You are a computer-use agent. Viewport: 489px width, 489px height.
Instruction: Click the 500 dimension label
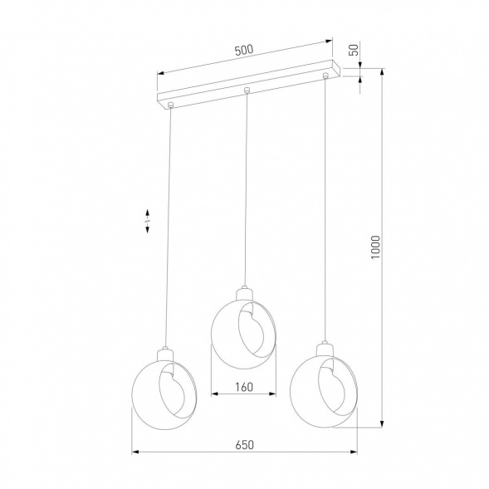[243, 50]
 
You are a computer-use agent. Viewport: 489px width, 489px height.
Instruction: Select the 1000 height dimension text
[374, 247]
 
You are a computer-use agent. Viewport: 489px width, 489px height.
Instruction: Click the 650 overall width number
[243, 444]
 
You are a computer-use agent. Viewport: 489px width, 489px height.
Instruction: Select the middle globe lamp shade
[245, 331]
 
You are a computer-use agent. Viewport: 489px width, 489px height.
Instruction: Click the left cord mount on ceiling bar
[170, 105]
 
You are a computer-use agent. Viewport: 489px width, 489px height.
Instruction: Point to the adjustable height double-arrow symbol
[148, 220]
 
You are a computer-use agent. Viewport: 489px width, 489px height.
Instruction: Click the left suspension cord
[169, 224]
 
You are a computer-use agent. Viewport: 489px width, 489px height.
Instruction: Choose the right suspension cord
[323, 208]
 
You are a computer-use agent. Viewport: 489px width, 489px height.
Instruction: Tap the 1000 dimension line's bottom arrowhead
[381, 424]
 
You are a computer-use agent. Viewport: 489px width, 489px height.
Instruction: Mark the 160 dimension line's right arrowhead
[276, 394]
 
